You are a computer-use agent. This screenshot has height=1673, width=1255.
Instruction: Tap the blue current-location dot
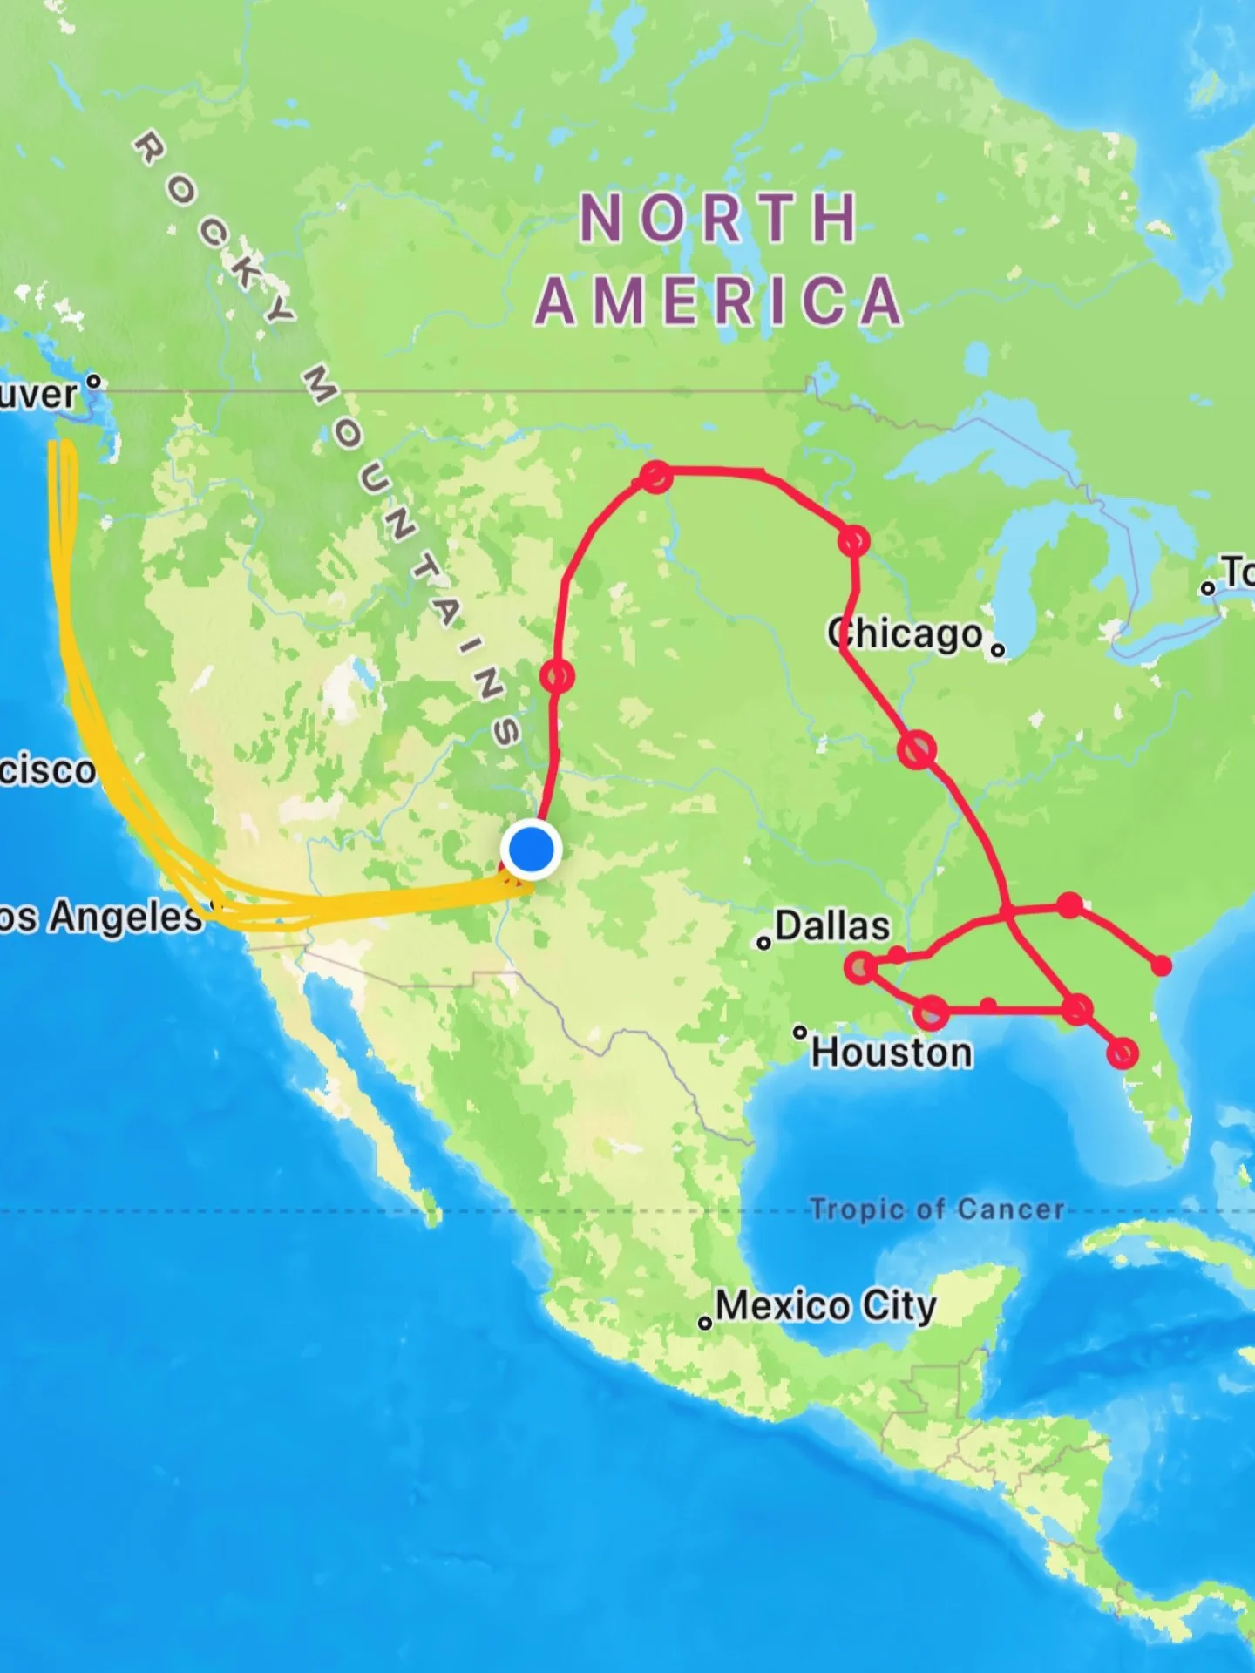[531, 849]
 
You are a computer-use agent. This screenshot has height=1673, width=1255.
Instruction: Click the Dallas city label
[832, 925]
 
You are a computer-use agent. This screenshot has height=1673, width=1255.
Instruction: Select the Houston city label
[892, 1052]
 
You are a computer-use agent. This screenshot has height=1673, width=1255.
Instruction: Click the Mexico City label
[825, 1305]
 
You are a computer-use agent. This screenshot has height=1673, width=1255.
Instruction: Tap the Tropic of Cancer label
[937, 1209]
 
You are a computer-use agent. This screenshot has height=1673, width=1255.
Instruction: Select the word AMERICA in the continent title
[718, 301]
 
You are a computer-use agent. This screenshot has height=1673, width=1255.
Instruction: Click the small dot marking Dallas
[764, 943]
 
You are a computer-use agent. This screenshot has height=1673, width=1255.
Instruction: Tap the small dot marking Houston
[800, 1033]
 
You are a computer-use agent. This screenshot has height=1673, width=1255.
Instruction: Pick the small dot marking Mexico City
[705, 1324]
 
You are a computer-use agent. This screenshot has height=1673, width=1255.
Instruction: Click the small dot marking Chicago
[999, 649]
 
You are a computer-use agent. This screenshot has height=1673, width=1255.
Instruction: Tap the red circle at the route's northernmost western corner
[655, 477]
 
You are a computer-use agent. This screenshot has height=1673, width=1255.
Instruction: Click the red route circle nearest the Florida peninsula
[1123, 1053]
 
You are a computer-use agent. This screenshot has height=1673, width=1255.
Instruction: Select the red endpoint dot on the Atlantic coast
[1162, 965]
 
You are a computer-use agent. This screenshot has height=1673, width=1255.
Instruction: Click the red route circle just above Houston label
[931, 1013]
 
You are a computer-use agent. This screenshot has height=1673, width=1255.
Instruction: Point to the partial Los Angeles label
[100, 917]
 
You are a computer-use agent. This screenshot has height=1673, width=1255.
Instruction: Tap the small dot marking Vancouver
[94, 381]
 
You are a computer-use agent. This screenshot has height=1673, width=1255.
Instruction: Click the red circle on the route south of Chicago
[917, 748]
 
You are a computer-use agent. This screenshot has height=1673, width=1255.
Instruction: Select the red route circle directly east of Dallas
[861, 967]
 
